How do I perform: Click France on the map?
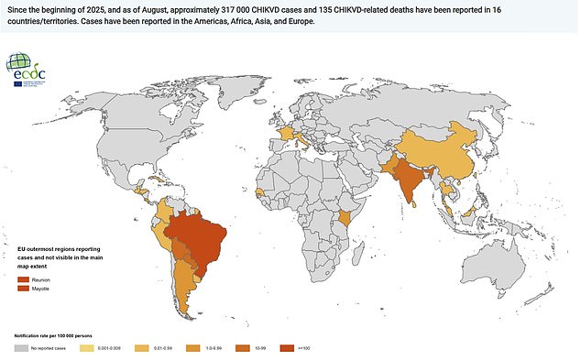286,134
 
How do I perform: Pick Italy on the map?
301,138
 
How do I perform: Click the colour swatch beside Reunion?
22,278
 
